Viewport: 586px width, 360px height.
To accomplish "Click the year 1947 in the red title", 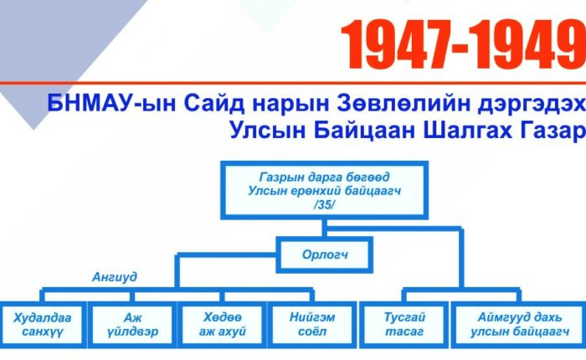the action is point(396,44).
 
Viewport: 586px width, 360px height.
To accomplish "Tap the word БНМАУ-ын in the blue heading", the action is point(111,103).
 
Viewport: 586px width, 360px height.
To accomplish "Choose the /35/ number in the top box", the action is point(324,205).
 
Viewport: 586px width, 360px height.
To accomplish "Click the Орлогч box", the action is point(325,255).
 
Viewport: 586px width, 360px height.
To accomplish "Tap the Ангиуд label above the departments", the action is point(115,277).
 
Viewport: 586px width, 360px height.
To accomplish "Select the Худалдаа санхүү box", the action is point(43,325).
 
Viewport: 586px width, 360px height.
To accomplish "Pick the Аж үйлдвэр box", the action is point(132,325).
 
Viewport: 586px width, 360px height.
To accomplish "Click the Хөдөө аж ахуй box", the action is point(223,325).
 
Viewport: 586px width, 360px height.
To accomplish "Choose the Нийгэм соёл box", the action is point(312,325).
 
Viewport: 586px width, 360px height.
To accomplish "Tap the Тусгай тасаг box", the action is point(404,325).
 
